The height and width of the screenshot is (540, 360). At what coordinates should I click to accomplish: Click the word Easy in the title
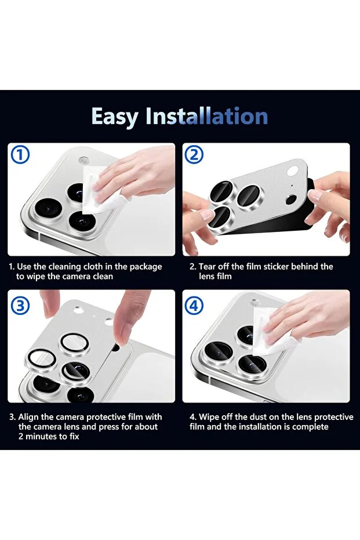[114, 117]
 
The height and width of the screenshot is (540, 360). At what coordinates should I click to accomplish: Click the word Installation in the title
[206, 116]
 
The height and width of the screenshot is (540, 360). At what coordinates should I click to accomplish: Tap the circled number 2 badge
[194, 155]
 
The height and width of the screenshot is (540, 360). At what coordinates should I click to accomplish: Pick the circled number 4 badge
[194, 306]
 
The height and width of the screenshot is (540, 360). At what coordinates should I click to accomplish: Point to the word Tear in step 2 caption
[208, 267]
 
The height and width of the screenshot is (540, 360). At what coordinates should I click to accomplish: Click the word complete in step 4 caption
[310, 427]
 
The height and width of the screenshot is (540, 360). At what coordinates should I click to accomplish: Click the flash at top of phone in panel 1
[83, 161]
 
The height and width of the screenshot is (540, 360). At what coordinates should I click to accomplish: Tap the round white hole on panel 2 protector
[295, 171]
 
